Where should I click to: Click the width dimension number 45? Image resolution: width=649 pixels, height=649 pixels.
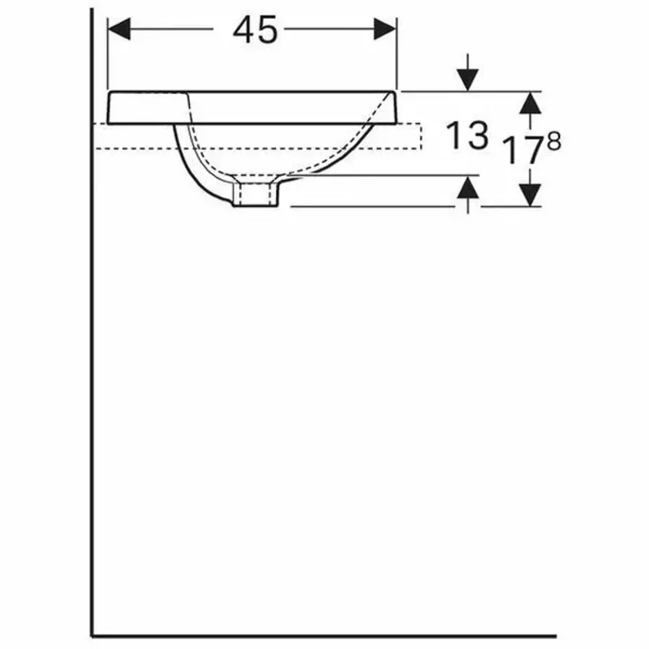coord(255,30)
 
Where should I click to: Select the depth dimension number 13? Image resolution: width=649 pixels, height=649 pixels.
coord(468,135)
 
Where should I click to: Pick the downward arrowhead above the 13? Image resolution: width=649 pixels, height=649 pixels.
coord(467,80)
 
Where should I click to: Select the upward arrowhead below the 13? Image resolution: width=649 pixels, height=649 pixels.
coord(467,189)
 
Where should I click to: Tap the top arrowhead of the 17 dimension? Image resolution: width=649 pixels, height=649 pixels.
coord(530,102)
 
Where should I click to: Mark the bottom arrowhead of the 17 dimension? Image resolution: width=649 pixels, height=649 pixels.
coord(530,195)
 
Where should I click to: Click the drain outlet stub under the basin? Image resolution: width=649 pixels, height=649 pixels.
coord(255,195)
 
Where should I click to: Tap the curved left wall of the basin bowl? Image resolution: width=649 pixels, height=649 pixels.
coord(189,162)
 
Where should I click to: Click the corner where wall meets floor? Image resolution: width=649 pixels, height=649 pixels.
coord(92,635)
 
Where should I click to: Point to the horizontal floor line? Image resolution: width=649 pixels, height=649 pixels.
coord(324,635)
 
